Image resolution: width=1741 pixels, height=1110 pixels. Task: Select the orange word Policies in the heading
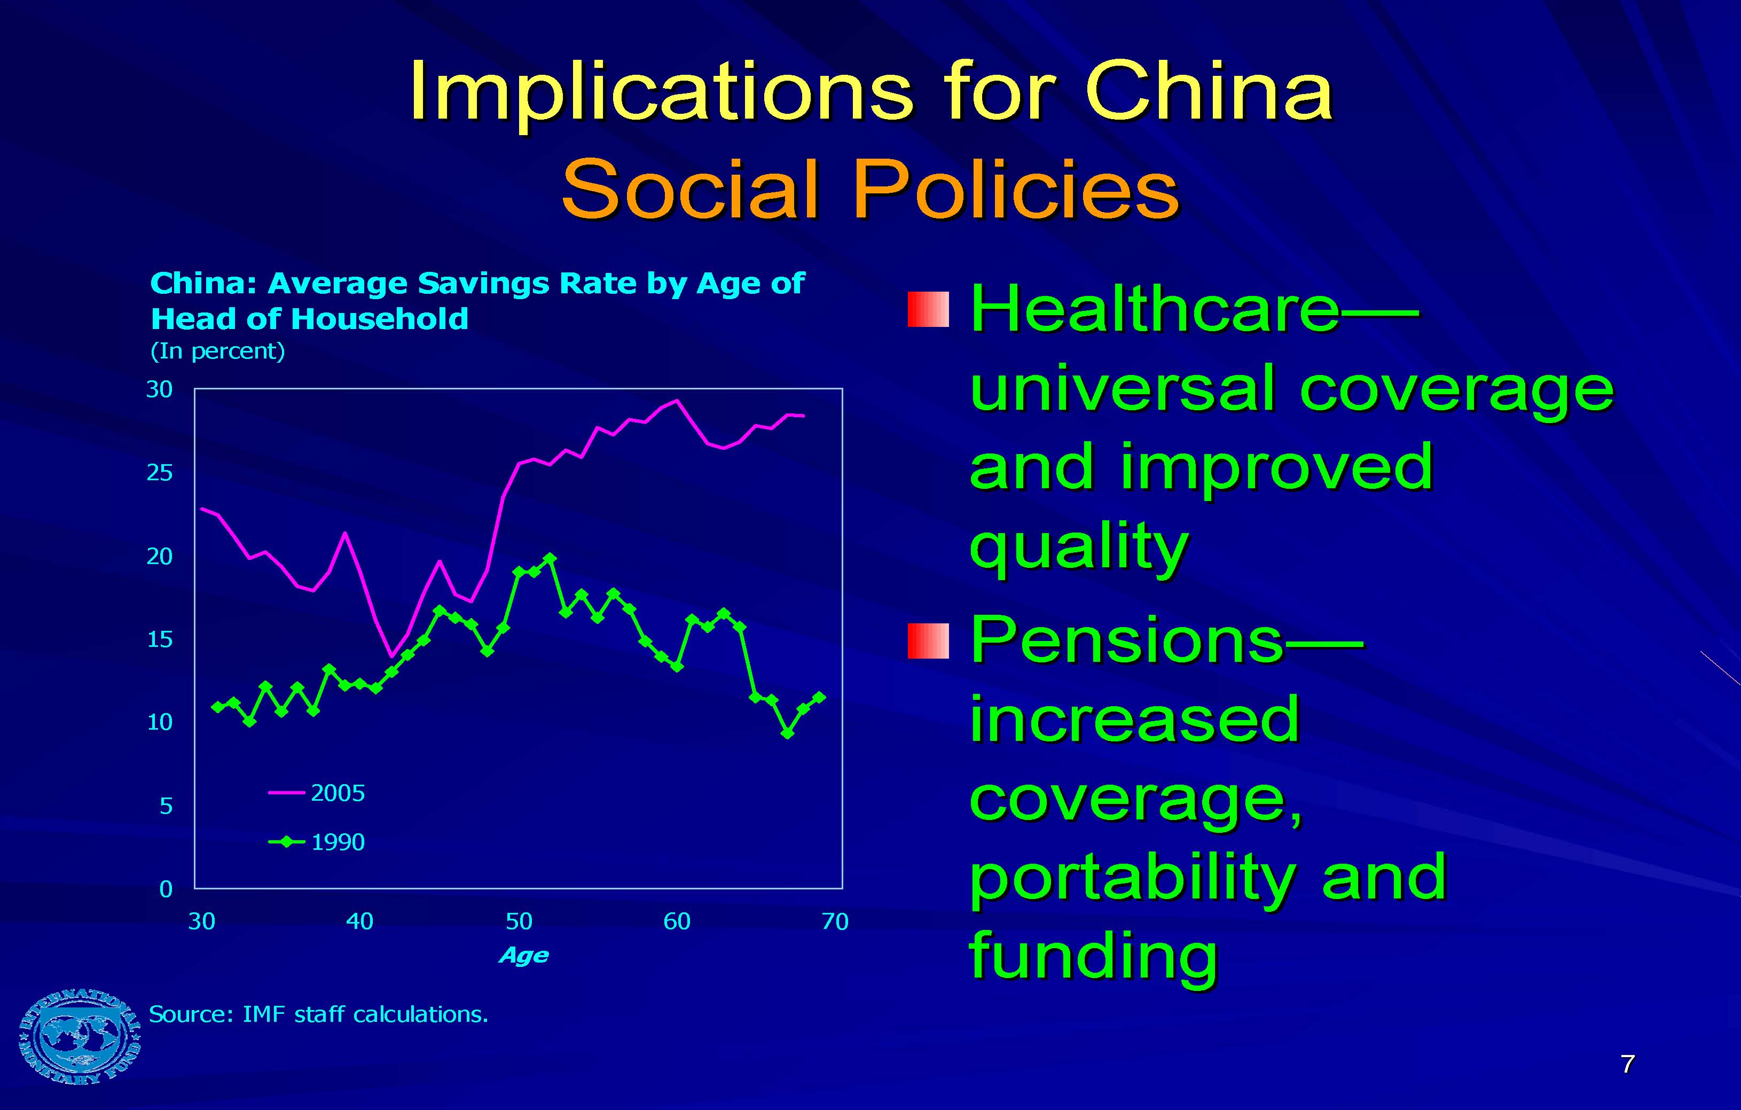pyautogui.click(x=1016, y=190)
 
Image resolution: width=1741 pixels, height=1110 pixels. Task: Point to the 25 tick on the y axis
pyautogui.click(x=160, y=473)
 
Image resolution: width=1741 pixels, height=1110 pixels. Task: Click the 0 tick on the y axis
pyautogui.click(x=166, y=889)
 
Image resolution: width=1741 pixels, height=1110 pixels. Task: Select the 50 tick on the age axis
pyautogui.click(x=519, y=921)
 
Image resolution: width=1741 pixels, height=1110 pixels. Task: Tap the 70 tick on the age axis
pyautogui.click(x=835, y=921)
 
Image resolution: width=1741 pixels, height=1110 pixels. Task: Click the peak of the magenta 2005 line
pyautogui.click(x=677, y=400)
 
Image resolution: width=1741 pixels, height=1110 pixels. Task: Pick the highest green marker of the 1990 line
pyautogui.click(x=550, y=558)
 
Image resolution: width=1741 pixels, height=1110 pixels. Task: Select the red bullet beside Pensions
pyautogui.click(x=928, y=640)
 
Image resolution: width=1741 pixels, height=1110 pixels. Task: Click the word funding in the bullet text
pyautogui.click(x=1093, y=956)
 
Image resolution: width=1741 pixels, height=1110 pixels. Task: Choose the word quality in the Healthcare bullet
pyautogui.click(x=1079, y=548)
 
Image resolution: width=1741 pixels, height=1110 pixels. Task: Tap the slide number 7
pyautogui.click(x=1627, y=1064)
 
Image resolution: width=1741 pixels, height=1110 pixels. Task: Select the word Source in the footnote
pyautogui.click(x=190, y=1014)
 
